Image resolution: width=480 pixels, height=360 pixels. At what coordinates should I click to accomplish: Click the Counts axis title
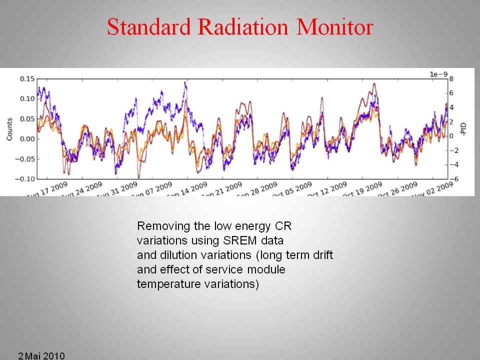pyautogui.click(x=9, y=128)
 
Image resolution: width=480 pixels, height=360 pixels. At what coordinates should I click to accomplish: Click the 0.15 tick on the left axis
pyautogui.click(x=27, y=79)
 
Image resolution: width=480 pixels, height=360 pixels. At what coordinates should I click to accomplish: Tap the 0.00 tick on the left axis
pyautogui.click(x=27, y=139)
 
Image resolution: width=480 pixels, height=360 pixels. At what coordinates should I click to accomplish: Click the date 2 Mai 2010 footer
pyautogui.click(x=41, y=355)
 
